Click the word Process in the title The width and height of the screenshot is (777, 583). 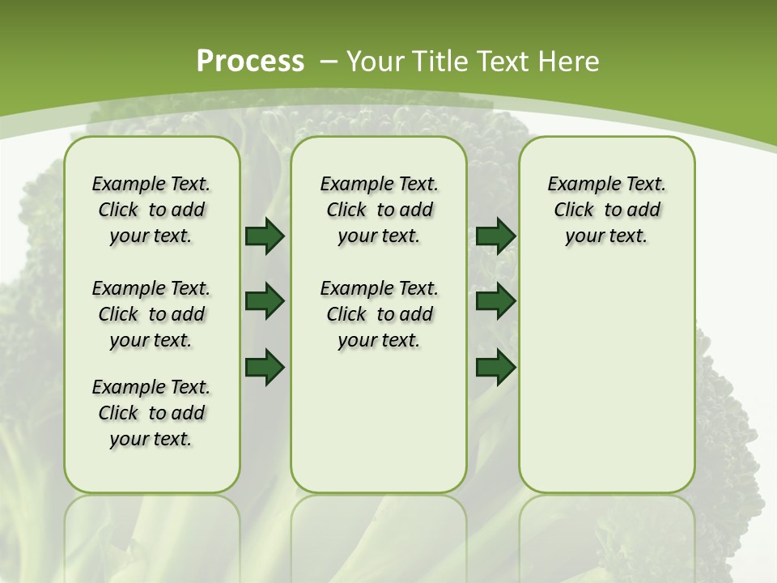(x=250, y=61)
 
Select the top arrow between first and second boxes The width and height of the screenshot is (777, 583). (x=264, y=236)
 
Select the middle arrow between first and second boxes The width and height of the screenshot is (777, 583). (x=264, y=301)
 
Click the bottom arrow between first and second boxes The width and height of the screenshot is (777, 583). (x=264, y=368)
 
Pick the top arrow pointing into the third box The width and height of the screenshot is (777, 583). (x=495, y=236)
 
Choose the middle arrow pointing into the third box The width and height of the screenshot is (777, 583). (x=495, y=301)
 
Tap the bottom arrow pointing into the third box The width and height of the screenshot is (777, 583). (x=495, y=368)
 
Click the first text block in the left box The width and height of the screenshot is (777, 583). (x=151, y=210)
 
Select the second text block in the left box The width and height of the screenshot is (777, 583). (x=151, y=314)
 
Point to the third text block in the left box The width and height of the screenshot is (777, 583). (x=151, y=413)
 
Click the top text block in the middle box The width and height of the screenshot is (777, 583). (x=379, y=210)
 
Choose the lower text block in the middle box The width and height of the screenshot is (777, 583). (x=379, y=314)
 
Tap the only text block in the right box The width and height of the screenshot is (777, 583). (x=606, y=210)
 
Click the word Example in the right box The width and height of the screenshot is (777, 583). (x=578, y=185)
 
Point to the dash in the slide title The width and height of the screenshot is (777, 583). (x=329, y=62)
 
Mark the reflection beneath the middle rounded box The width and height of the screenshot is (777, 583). (x=379, y=534)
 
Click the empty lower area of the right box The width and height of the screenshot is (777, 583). (x=606, y=381)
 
